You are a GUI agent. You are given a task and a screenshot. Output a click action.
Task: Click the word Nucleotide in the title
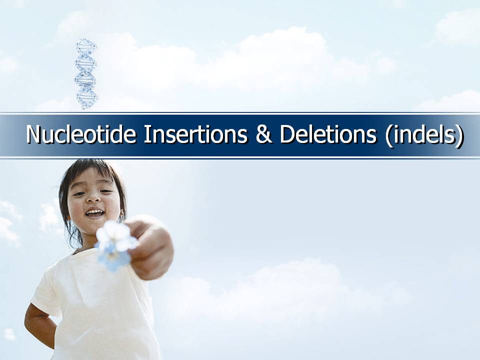81,134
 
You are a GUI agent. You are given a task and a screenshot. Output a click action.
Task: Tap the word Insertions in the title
195,134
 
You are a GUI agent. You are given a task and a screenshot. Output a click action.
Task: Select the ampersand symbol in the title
263,134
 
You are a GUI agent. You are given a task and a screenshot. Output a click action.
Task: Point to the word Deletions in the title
328,134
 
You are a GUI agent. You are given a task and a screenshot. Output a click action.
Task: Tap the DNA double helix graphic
85,73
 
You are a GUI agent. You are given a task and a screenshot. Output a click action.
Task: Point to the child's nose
93,197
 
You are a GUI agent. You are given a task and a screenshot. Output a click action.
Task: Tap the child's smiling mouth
94,212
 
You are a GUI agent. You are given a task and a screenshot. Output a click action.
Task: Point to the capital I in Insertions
146,134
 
